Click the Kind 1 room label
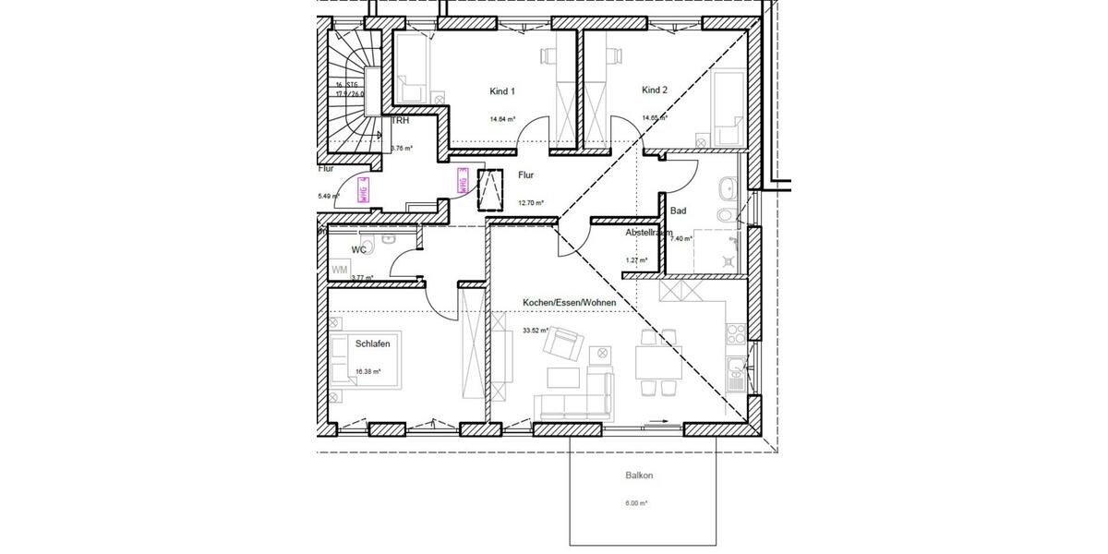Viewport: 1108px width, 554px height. point(501,91)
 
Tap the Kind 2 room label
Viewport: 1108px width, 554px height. point(654,90)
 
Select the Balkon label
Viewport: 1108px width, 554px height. point(639,476)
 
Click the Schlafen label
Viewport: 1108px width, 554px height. point(372,343)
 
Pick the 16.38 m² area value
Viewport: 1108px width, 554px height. point(368,371)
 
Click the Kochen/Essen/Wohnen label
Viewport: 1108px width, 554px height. point(569,303)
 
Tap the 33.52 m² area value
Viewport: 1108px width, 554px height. point(536,330)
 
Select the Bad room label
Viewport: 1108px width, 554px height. point(678,211)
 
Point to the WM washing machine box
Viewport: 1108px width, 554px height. point(340,270)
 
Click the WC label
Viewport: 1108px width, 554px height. point(359,249)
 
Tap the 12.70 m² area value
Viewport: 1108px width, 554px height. point(530,202)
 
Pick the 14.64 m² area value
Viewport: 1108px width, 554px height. point(502,119)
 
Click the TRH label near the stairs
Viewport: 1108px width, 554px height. point(401,121)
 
